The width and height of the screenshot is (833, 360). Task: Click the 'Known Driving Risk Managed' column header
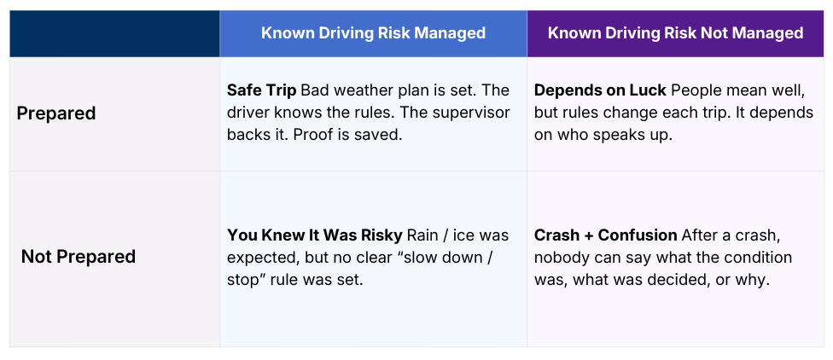pos(373,33)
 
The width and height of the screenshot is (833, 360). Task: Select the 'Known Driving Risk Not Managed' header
pos(675,33)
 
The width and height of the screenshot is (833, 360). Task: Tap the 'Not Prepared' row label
pos(78,256)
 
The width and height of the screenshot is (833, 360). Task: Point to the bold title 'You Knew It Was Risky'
pos(315,235)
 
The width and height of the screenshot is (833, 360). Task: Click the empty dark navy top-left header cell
pos(114,33)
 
